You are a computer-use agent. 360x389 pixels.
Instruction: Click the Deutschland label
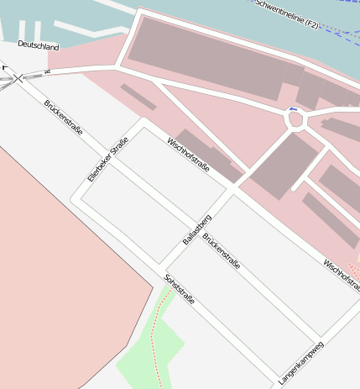coord(38,45)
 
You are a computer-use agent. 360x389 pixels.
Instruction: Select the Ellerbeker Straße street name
coord(107,159)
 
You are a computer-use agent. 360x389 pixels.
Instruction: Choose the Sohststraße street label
coord(180,288)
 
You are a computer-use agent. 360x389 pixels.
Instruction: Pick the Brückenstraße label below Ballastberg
coord(222,251)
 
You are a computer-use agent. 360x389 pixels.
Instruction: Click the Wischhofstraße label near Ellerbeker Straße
coord(188,155)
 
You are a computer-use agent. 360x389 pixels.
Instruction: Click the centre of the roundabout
coord(296,120)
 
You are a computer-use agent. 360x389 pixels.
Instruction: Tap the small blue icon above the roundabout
coord(292,108)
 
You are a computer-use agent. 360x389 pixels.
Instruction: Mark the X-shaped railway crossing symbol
coord(18,78)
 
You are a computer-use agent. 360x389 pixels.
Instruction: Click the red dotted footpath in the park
coord(153,344)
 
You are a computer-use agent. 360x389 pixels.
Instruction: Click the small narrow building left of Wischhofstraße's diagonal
coord(138,97)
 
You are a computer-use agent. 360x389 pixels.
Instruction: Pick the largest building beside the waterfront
coord(210,59)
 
